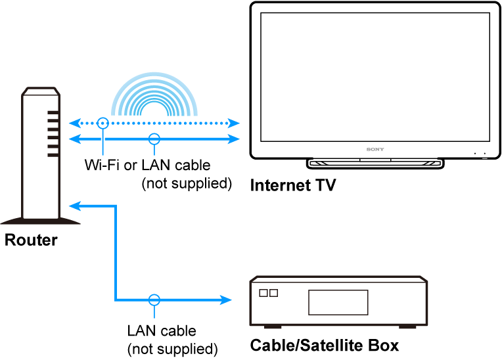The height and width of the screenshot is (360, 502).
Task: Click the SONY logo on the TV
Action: click(x=375, y=149)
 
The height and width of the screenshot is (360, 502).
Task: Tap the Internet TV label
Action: click(x=293, y=185)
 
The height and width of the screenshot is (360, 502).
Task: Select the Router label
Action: click(x=31, y=240)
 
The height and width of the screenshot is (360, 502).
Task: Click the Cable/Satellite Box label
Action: click(x=324, y=346)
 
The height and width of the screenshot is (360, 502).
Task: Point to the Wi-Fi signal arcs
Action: click(x=153, y=99)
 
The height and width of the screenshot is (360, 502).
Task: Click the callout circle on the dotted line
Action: click(x=103, y=122)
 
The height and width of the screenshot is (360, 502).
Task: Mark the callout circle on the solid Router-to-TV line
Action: click(x=154, y=139)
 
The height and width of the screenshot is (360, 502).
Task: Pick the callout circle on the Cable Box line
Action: click(x=154, y=300)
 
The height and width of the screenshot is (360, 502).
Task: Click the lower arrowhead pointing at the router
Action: click(x=76, y=206)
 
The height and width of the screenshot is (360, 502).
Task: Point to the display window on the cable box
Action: click(x=338, y=302)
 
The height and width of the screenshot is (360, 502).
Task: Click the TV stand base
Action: click(x=375, y=163)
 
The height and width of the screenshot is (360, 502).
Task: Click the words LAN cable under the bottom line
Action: click(x=162, y=330)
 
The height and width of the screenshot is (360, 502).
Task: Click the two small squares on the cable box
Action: click(x=269, y=294)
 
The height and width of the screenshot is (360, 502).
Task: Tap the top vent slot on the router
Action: click(x=53, y=113)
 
